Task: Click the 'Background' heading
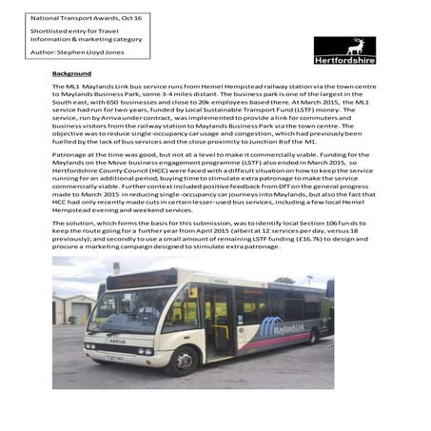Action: tap(71, 73)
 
